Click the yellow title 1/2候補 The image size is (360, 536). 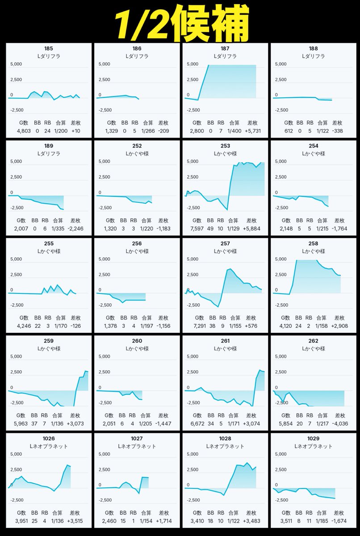click(x=180, y=21)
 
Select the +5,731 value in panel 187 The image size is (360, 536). click(x=253, y=131)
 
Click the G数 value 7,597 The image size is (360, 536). click(x=197, y=229)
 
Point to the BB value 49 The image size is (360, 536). click(x=211, y=229)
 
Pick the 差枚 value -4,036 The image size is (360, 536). click(x=340, y=423)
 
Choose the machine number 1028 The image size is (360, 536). click(x=225, y=438)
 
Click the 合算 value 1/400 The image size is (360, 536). click(x=234, y=131)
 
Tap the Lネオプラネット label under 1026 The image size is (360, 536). click(x=49, y=446)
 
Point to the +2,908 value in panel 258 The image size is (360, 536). click(x=340, y=326)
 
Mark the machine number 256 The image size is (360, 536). click(x=137, y=243)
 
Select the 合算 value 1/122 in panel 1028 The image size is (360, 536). click(x=234, y=521)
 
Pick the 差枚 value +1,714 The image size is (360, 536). click(x=164, y=521)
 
